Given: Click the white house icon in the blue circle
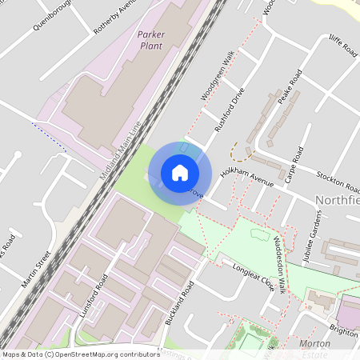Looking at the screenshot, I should [180, 173].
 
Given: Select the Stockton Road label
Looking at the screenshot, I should [337, 182].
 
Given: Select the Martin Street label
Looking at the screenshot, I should [38, 269].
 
